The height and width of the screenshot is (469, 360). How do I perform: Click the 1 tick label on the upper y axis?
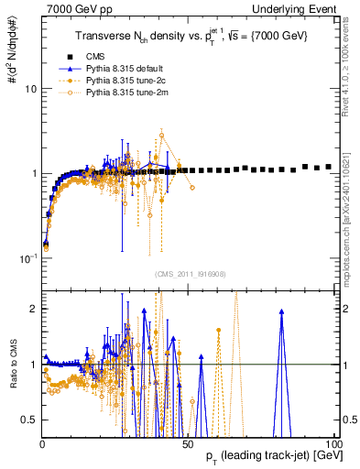(x=33, y=173)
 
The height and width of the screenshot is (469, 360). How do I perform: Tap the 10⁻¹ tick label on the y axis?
(x=28, y=257)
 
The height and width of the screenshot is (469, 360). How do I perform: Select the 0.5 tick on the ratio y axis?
(x=28, y=420)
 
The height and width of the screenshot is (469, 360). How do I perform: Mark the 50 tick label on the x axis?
(x=189, y=442)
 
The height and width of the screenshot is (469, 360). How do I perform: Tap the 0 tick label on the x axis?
(x=43, y=442)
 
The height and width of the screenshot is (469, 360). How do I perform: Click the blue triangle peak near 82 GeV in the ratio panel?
(x=281, y=311)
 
